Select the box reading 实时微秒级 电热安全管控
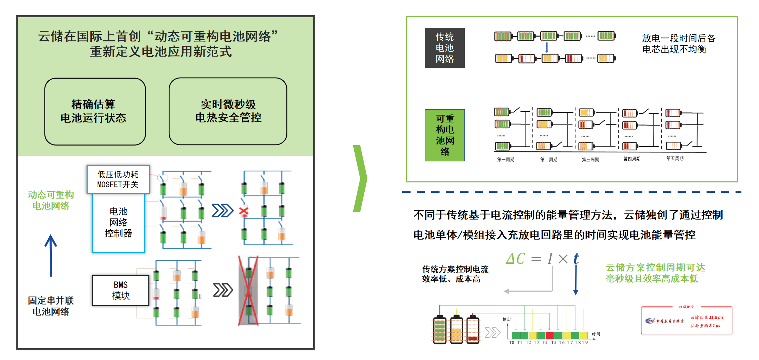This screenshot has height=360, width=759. pyautogui.click(x=228, y=111)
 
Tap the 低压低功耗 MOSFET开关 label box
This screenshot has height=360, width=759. pyautogui.click(x=118, y=179)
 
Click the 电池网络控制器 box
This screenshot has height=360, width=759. pyautogui.click(x=118, y=222)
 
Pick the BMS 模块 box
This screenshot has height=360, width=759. pyautogui.click(x=121, y=290)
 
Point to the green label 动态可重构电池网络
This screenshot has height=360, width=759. pyautogui.click(x=51, y=200)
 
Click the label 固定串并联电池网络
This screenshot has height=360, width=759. pyautogui.click(x=51, y=306)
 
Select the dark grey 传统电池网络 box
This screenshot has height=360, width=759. pyautogui.click(x=445, y=48)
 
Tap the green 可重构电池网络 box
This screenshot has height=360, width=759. pyautogui.click(x=445, y=135)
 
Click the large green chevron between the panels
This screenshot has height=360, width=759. pyautogui.click(x=360, y=178)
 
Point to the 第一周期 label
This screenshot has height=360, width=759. pyautogui.click(x=505, y=160)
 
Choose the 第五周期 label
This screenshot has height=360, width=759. pyautogui.click(x=675, y=159)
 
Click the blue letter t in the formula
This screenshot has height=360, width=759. pyautogui.click(x=576, y=259)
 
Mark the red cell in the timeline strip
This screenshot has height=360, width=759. pyautogui.click(x=550, y=335)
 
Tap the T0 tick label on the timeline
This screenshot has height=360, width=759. pyautogui.click(x=511, y=343)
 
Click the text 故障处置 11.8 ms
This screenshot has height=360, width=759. pyautogui.click(x=707, y=318)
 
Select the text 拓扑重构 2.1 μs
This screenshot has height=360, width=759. pyautogui.click(x=705, y=326)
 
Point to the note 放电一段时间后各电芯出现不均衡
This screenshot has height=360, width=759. pyautogui.click(x=678, y=44)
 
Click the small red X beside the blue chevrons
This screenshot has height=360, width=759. pyautogui.click(x=244, y=211)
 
